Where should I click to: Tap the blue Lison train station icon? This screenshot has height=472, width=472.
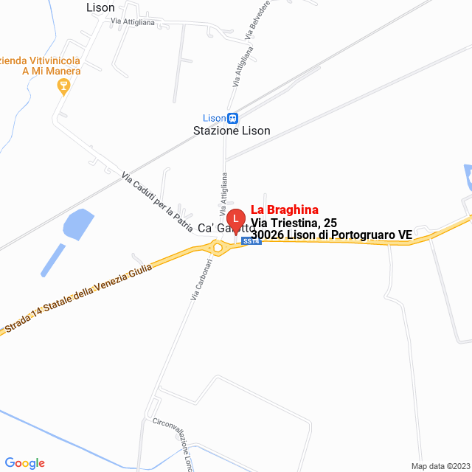[x=232, y=118]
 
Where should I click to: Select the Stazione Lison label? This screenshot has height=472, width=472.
[x=232, y=131]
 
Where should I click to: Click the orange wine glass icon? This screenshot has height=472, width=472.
[x=63, y=87]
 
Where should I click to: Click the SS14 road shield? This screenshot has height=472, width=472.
[x=251, y=242]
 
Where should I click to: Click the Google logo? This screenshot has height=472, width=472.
[x=24, y=463]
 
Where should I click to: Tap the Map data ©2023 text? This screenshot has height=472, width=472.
[x=439, y=466]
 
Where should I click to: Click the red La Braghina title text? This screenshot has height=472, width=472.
[x=285, y=209]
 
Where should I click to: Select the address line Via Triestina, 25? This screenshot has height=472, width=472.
[x=294, y=222]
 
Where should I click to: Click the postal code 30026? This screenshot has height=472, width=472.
[x=268, y=235]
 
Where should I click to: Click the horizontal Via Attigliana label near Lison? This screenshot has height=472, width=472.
[x=132, y=22]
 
